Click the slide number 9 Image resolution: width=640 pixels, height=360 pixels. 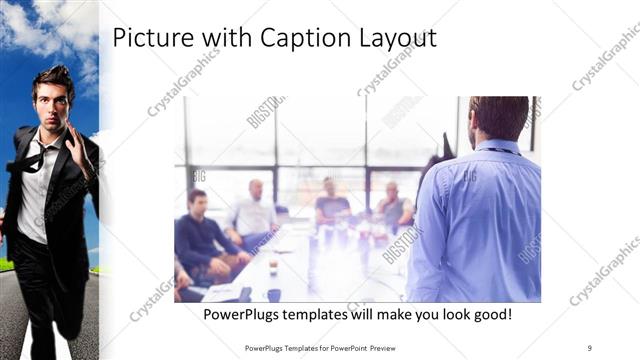tap(589, 346)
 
